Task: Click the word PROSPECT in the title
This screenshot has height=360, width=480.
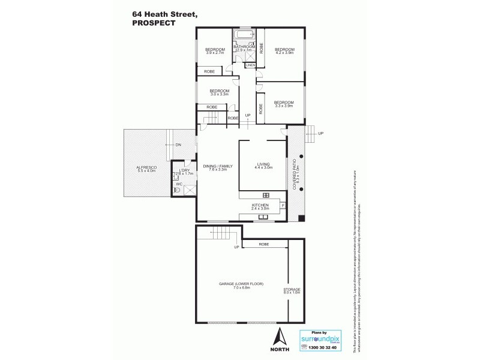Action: click(x=154, y=23)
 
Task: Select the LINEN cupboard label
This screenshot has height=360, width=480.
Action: click(x=250, y=65)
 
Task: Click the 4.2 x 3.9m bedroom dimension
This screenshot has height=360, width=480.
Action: click(x=284, y=53)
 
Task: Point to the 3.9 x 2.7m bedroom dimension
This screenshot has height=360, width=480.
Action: click(x=215, y=53)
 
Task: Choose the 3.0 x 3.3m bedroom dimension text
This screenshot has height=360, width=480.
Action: click(x=219, y=95)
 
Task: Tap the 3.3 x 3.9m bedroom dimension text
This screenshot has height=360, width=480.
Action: click(x=284, y=106)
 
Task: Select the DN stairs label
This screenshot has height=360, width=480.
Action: click(x=178, y=145)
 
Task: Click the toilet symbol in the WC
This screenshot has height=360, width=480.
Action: click(x=177, y=190)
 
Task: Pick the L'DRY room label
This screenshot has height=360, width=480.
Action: click(x=184, y=170)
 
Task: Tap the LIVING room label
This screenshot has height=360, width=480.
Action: click(x=263, y=164)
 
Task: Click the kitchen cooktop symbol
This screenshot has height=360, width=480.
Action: click(x=266, y=195)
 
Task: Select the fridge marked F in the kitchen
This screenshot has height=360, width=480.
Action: click(x=282, y=205)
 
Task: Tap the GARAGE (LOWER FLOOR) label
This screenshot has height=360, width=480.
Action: click(x=241, y=284)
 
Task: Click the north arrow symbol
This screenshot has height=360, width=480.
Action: click(x=278, y=337)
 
